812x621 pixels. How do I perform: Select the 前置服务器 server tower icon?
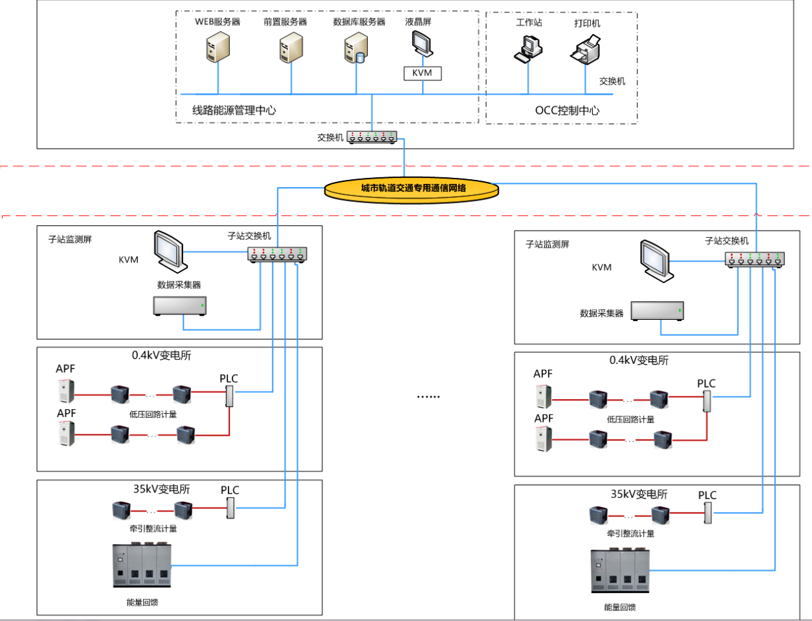coord(290,47)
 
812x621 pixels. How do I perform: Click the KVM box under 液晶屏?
coord(422,73)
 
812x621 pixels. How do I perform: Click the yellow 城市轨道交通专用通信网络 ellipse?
coord(412,189)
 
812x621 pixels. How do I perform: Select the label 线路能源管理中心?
coord(234,110)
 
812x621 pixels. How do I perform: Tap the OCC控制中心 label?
coord(566,111)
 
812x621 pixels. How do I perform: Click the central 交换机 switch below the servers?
coord(372,137)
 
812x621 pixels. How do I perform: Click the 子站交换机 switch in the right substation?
coord(755,259)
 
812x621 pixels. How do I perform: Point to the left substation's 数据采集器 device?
coord(180,305)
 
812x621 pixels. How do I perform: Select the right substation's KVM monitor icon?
coord(654,259)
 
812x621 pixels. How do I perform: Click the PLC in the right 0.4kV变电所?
coord(707,402)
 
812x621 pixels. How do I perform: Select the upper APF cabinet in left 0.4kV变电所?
coord(65,390)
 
